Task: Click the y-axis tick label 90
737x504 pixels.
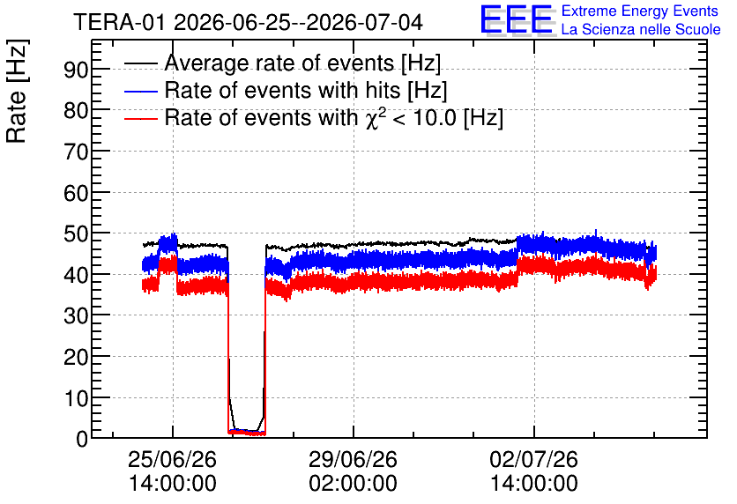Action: (76, 70)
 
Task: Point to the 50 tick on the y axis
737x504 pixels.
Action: (76, 233)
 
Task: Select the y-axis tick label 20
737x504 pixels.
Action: (76, 357)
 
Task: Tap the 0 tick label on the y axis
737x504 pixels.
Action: (82, 439)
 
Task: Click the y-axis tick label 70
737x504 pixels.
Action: (76, 152)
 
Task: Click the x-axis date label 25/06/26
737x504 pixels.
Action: (172, 459)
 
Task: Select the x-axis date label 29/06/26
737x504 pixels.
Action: (353, 459)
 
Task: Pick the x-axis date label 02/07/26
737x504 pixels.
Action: (534, 459)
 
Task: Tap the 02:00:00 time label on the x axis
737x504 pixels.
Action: (353, 484)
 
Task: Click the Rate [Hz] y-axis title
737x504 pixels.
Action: (17, 91)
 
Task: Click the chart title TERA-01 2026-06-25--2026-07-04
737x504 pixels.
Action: (249, 22)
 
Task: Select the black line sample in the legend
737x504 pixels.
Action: (140, 63)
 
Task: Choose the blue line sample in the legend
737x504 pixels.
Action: (140, 91)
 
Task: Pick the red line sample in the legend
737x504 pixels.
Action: (140, 118)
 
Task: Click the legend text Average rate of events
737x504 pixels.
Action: (279, 63)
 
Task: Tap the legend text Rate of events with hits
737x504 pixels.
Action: (282, 90)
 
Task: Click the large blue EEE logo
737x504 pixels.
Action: (517, 19)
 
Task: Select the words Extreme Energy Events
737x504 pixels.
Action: (640, 11)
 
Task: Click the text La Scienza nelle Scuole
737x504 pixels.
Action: (641, 29)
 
